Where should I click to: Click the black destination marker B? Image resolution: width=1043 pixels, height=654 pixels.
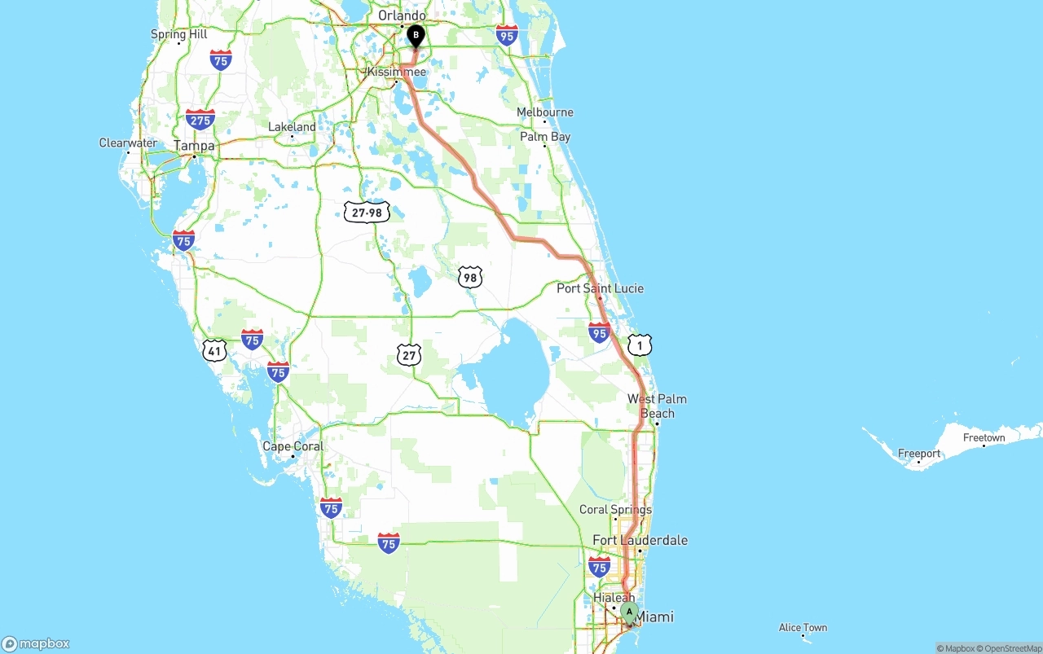tap(416, 36)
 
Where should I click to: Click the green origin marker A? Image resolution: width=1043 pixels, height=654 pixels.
tap(628, 612)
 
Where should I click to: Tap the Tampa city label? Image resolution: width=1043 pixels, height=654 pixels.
tap(194, 146)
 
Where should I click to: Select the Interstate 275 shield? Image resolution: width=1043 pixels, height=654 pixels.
tap(200, 120)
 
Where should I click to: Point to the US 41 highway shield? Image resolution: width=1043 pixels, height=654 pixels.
tap(214, 350)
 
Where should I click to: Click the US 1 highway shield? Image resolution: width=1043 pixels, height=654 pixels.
tap(640, 345)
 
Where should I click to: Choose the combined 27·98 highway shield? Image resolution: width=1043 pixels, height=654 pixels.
tap(367, 213)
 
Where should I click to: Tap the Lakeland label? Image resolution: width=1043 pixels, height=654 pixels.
tap(292, 127)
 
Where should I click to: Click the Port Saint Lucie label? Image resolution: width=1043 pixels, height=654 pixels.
tap(600, 288)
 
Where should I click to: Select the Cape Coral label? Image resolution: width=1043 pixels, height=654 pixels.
tap(293, 446)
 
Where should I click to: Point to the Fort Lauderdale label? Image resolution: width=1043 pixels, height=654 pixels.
tap(640, 540)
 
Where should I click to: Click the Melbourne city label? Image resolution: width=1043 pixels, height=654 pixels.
tap(545, 112)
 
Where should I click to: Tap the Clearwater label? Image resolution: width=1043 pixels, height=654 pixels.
tap(128, 143)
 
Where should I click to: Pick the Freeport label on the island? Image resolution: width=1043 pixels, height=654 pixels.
tap(918, 454)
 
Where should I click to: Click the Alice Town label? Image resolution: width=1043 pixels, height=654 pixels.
tap(803, 627)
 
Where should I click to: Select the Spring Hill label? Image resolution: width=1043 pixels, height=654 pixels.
tap(179, 34)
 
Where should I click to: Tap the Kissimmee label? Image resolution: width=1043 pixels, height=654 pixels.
tap(397, 72)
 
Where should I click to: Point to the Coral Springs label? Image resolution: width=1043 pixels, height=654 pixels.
tap(615, 510)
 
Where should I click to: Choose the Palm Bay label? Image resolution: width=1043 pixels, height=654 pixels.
tap(545, 137)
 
